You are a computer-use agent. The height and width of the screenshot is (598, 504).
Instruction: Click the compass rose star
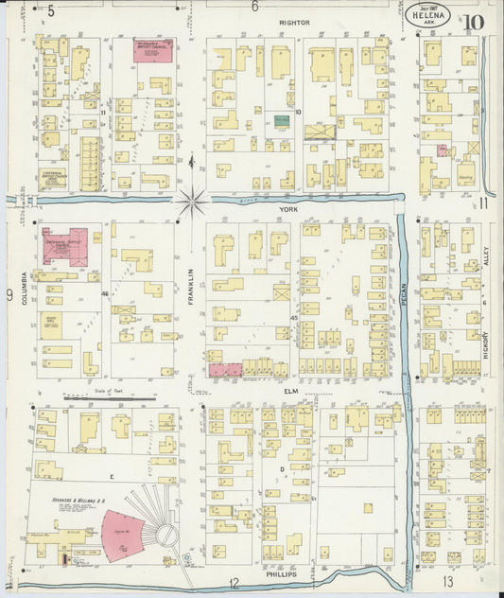(191, 200)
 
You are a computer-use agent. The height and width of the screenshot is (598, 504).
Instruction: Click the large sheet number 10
(473, 22)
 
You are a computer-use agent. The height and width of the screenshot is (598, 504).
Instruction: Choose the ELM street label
(290, 388)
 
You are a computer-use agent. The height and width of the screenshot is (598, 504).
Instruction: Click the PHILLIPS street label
(281, 573)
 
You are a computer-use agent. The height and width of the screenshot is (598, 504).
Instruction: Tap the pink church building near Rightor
(152, 51)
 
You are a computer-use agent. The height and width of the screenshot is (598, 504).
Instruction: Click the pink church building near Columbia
(63, 244)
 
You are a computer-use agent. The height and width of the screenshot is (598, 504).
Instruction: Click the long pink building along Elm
(225, 371)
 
